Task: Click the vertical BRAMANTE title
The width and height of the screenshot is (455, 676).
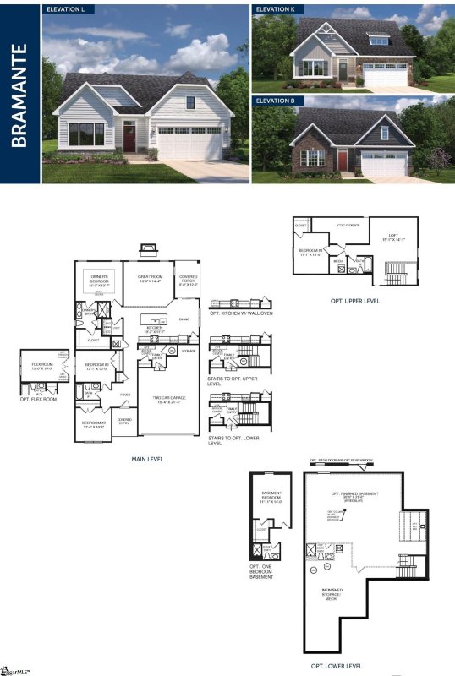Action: point(20,93)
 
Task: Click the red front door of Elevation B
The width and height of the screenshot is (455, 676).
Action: point(342,160)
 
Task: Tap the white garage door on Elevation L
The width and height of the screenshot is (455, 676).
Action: point(189,144)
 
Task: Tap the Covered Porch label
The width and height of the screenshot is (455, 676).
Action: point(188,282)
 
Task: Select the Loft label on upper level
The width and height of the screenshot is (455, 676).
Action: point(394,239)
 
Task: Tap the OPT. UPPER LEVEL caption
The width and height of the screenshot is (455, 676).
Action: point(354,299)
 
